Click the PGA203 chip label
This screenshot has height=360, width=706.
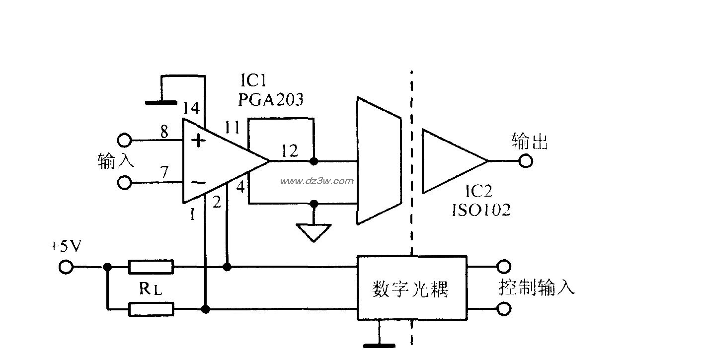(270, 100)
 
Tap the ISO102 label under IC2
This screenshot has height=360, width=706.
(480, 210)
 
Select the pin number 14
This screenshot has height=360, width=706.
(191, 108)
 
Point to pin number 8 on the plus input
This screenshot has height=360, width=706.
(163, 132)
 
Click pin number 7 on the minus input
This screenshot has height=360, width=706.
(163, 172)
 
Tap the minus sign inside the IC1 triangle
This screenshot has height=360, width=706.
(198, 182)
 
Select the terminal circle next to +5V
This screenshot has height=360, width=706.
(66, 268)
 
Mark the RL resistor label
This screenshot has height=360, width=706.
(151, 289)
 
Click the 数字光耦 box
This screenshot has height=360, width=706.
(412, 288)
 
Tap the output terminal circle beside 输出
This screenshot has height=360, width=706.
(525, 161)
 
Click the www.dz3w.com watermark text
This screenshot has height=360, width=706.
(317, 181)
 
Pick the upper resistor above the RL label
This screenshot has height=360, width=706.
(151, 267)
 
